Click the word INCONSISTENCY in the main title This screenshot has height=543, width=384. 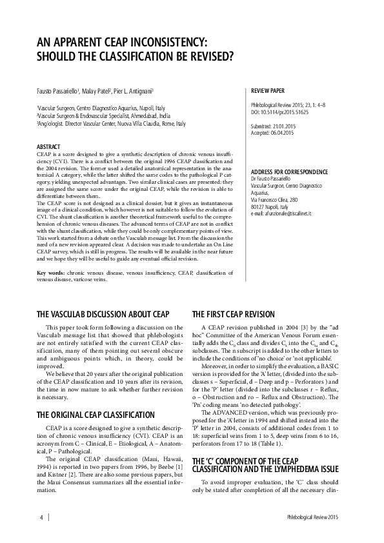click(x=163, y=42)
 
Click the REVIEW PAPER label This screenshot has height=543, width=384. click(x=267, y=92)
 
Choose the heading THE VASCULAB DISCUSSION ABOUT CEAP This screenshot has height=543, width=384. click(x=103, y=314)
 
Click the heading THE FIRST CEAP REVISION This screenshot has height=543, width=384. click(x=232, y=314)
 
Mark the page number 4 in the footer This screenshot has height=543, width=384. click(x=41, y=517)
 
